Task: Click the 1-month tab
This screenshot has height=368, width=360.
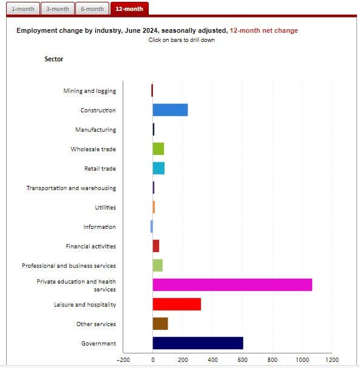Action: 23,9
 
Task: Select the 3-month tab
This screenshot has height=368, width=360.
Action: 58,9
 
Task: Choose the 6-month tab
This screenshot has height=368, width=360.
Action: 92,9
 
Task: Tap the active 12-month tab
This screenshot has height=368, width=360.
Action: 129,9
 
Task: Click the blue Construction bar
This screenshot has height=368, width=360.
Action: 170,110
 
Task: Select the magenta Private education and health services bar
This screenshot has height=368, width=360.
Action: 233,285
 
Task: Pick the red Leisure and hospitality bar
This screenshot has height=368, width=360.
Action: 177,304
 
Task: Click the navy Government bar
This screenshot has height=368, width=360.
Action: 198,343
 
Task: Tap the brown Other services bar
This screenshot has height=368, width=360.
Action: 160,324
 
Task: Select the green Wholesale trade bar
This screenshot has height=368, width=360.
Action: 158,149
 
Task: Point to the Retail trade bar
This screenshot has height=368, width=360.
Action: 158,168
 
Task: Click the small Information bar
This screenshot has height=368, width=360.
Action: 152,227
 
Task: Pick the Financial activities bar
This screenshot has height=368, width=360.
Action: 156,246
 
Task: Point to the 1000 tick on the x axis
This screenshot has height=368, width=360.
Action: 302,359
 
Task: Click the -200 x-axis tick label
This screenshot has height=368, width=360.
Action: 123,359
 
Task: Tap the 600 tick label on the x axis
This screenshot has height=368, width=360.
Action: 242,359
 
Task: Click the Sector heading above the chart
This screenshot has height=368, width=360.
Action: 54,59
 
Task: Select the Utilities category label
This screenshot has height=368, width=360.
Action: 106,208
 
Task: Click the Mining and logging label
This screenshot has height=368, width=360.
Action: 90,91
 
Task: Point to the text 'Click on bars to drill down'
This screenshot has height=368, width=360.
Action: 182,40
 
